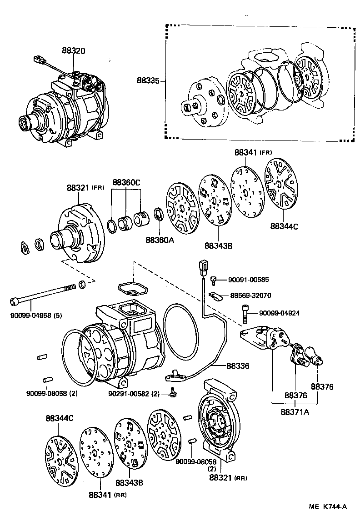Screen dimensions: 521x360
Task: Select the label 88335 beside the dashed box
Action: pos(148,80)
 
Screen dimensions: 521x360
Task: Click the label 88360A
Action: pos(160,240)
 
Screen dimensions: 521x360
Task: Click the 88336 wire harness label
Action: pos(239,365)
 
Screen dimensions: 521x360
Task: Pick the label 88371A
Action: pos(295,412)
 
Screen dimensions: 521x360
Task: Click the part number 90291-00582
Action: pos(134,394)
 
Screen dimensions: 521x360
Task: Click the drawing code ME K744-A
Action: pos(329,506)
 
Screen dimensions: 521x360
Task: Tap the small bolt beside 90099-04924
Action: pos(244,313)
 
